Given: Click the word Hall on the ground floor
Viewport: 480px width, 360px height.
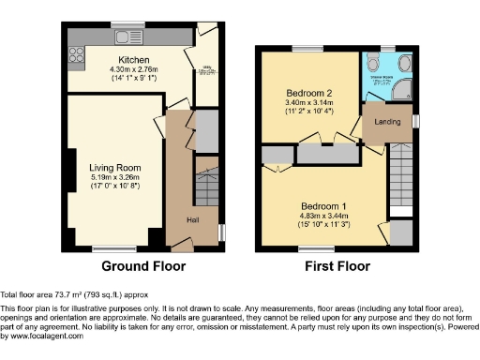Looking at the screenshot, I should (193, 220).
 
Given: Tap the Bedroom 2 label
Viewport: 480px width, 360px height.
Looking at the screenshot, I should (310, 94).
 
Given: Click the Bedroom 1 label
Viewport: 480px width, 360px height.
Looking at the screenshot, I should (323, 205).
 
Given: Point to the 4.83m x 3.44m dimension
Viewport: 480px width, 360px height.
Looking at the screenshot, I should (323, 215).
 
